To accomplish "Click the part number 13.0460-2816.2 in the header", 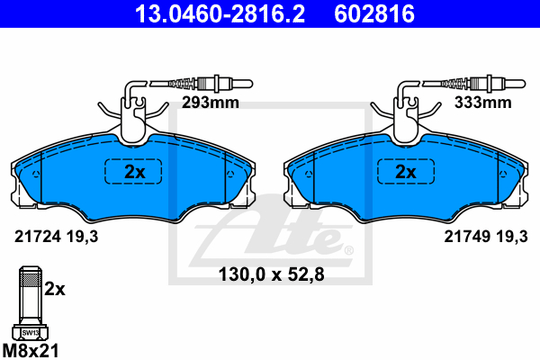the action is pos(220,13).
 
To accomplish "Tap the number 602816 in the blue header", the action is pos(374,13).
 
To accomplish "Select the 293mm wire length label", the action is pos(211,103).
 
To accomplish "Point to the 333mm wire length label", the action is pos(482,103).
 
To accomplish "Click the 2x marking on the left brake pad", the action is pos(135,172).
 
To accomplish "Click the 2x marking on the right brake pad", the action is pos(406,172).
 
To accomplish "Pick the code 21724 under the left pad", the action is pos(38,237).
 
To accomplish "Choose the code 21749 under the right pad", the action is pos(467,237).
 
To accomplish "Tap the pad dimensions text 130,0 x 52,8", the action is pos(272,274).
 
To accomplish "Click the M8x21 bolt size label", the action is pos(31,351).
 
